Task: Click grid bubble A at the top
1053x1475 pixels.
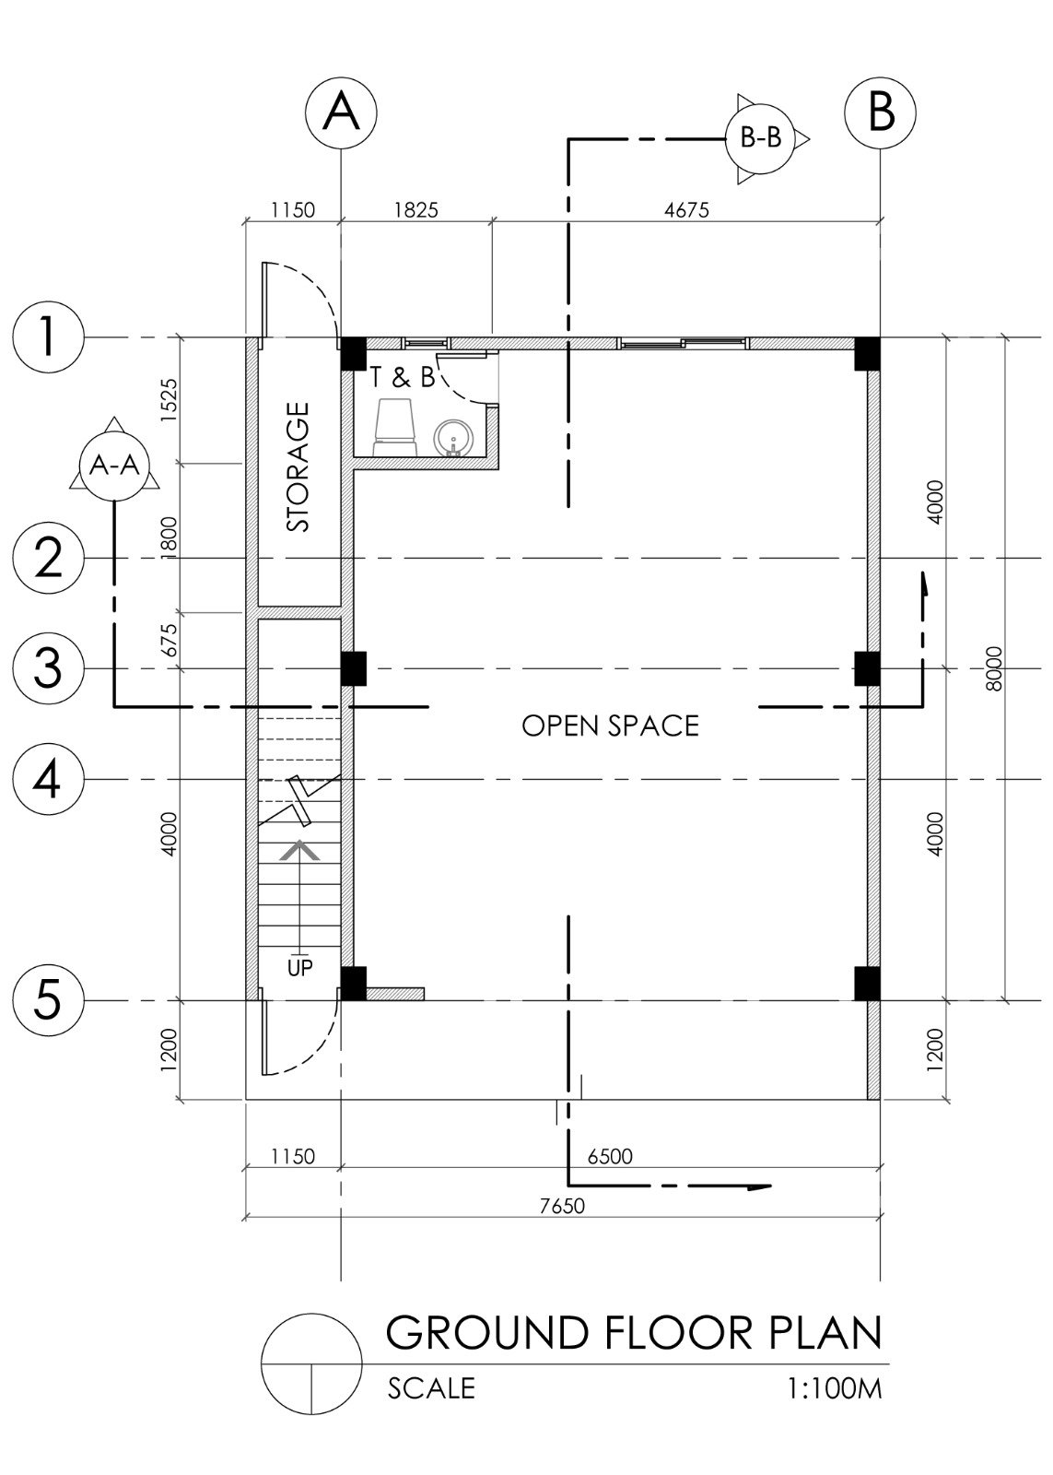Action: pyautogui.click(x=341, y=112)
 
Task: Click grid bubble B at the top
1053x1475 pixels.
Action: pyautogui.click(x=880, y=112)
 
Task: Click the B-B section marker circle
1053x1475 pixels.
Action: pyautogui.click(x=760, y=138)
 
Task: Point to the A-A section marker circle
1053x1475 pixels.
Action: pyautogui.click(x=113, y=466)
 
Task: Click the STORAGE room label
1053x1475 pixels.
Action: pyautogui.click(x=298, y=466)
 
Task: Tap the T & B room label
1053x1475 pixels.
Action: pyautogui.click(x=402, y=377)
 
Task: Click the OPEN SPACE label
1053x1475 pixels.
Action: pyautogui.click(x=610, y=726)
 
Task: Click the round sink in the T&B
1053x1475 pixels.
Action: pyautogui.click(x=452, y=437)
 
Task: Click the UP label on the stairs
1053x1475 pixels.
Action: pyautogui.click(x=299, y=968)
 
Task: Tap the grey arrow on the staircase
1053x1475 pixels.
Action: pyautogui.click(x=300, y=852)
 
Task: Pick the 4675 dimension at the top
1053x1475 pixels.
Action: pyautogui.click(x=686, y=210)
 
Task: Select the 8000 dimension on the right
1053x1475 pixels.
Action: pyautogui.click(x=992, y=668)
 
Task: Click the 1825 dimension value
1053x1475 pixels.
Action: pyautogui.click(x=415, y=210)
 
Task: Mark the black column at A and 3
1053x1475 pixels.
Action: pyautogui.click(x=354, y=668)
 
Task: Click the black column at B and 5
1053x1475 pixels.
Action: pyautogui.click(x=867, y=983)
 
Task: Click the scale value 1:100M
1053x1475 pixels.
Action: pyautogui.click(x=835, y=1388)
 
